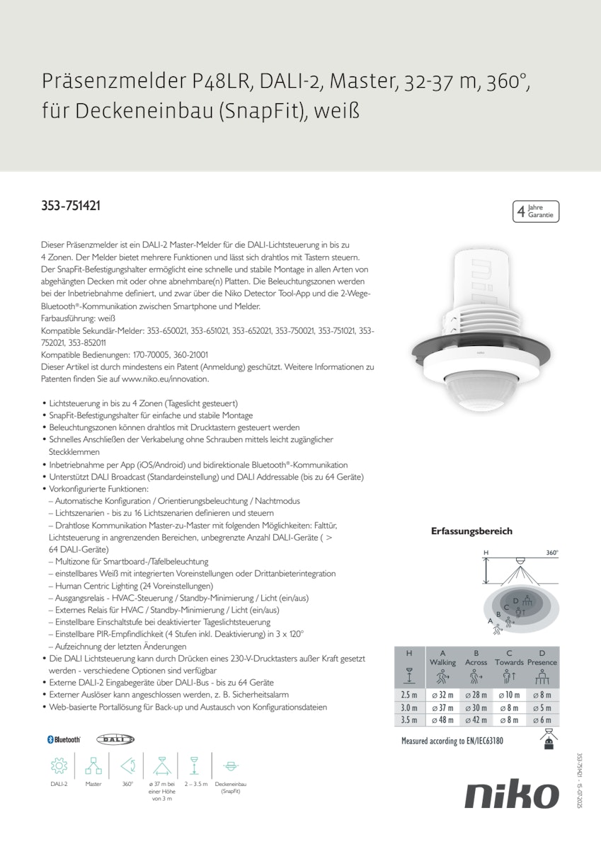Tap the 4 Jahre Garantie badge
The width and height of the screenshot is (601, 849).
click(535, 211)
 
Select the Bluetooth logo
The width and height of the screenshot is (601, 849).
click(64, 739)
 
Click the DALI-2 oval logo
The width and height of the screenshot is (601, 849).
click(115, 739)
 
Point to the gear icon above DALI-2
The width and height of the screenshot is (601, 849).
click(59, 766)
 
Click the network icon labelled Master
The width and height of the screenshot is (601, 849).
click(93, 766)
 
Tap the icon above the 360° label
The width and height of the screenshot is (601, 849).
click(127, 766)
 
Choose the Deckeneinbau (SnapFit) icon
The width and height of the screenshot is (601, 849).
click(230, 766)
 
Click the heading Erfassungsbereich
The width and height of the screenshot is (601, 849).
click(471, 531)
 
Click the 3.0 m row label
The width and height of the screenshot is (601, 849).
click(409, 707)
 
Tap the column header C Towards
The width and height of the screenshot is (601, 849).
click(509, 657)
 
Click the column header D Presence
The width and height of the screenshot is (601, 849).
click(542, 657)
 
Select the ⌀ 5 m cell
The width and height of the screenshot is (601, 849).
click(542, 707)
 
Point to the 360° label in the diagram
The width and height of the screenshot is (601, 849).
click(552, 553)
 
